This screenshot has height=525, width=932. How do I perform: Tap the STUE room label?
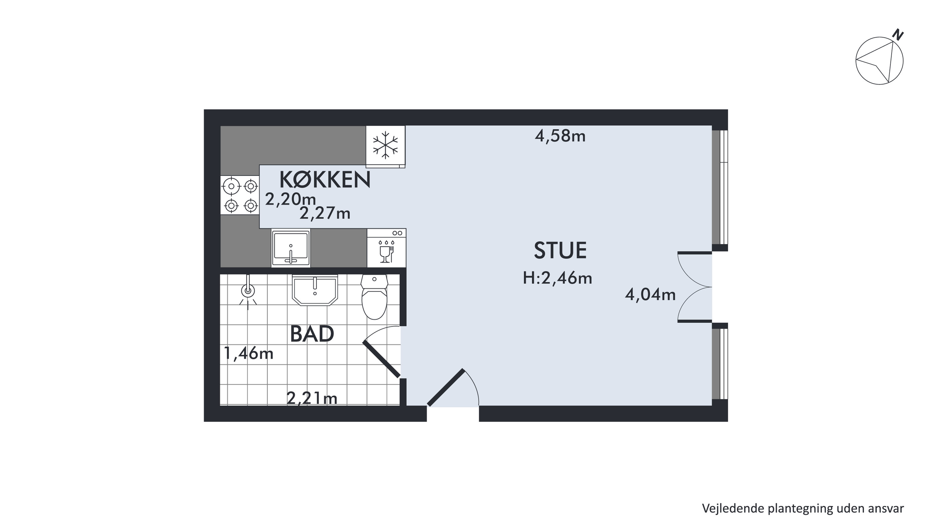(560, 251)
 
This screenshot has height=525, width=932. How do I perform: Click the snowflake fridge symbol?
(386, 146)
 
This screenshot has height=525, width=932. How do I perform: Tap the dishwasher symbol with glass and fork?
(386, 248)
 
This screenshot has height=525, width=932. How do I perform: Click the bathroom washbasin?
(315, 290)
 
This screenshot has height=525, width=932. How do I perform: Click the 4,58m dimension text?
(560, 136)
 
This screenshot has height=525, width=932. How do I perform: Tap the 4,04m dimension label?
(650, 295)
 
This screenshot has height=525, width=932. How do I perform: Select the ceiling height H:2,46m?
(558, 278)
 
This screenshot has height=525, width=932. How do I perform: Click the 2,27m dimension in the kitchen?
(325, 214)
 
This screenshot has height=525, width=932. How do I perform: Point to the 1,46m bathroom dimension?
(249, 353)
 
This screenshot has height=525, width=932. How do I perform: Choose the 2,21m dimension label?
(312, 398)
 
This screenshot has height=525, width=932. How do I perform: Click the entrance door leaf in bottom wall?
(446, 388)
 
